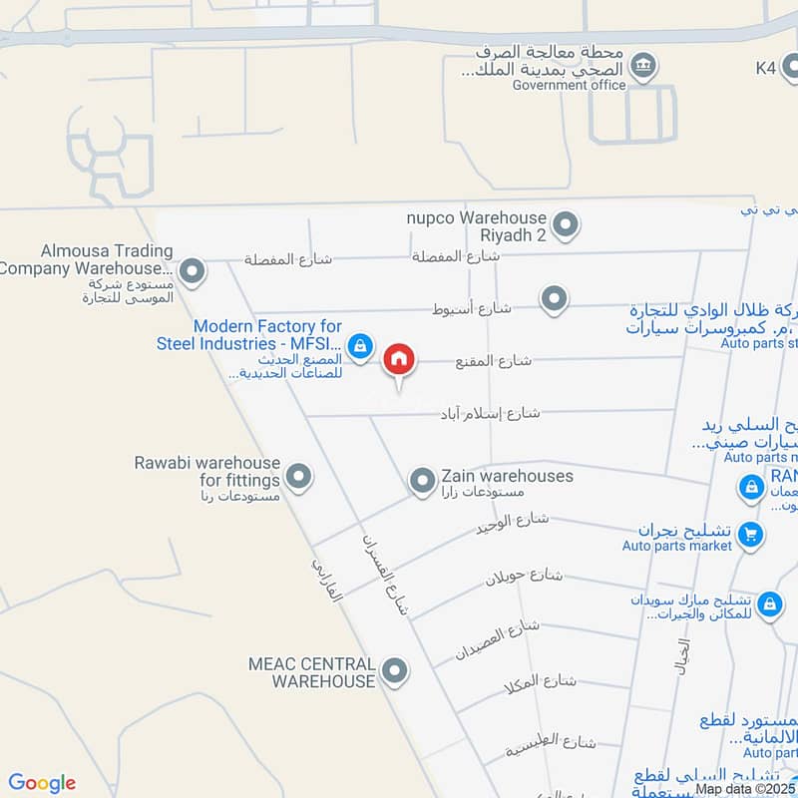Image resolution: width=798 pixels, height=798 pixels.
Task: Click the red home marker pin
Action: click(400, 360)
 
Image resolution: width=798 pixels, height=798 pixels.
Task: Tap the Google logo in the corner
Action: click(42, 783)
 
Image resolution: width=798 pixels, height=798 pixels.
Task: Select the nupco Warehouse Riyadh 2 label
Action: click(477, 226)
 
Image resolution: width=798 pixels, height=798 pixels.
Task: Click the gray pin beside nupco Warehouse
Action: click(566, 225)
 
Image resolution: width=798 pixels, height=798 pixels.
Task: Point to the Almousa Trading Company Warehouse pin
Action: click(193, 270)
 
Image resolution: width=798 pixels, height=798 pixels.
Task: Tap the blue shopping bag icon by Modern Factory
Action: click(361, 348)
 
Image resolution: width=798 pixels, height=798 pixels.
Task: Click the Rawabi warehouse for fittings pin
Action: click(297, 476)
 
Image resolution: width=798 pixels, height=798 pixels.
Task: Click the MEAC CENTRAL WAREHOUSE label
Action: click(311, 672)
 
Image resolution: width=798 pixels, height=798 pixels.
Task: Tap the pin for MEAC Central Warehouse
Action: click(396, 671)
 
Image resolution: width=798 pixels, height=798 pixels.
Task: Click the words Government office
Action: click(569, 86)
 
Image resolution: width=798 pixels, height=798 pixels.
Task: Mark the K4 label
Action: click(766, 68)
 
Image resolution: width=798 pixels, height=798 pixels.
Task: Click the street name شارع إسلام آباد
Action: click(491, 412)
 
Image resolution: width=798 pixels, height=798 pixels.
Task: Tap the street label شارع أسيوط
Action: click(471, 309)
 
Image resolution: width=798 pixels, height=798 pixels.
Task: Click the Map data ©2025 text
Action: click(743, 788)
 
